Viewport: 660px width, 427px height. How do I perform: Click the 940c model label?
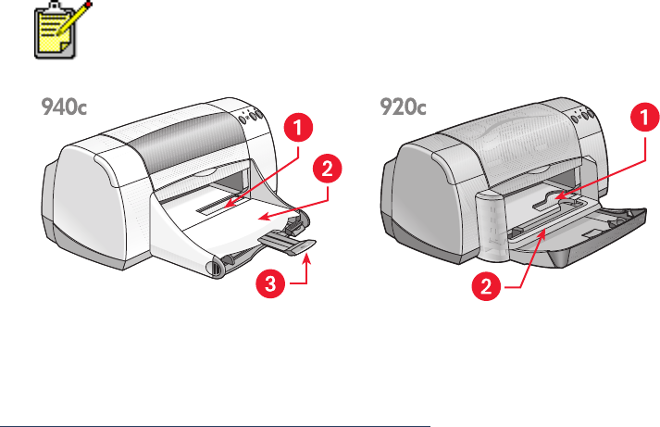click(x=64, y=107)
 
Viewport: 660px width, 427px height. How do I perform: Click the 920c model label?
click(x=403, y=107)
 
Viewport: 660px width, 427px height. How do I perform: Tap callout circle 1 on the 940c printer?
click(x=298, y=128)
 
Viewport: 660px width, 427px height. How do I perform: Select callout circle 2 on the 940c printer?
click(x=327, y=169)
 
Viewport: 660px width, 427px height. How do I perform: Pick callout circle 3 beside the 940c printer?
click(x=270, y=283)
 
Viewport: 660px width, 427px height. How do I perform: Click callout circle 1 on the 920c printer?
click(x=645, y=117)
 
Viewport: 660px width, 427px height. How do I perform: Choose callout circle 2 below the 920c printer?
click(x=486, y=286)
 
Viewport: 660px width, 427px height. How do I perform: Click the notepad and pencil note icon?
click(x=62, y=30)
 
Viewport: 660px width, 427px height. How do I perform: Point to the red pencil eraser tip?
click(x=88, y=5)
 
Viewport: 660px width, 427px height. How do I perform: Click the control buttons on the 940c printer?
click(x=251, y=116)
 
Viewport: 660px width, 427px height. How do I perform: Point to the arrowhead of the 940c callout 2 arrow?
click(x=263, y=218)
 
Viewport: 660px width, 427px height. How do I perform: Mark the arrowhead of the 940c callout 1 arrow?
click(x=228, y=204)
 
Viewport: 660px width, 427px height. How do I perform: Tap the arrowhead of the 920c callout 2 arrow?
click(x=543, y=234)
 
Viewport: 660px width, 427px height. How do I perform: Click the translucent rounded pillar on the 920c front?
click(x=492, y=226)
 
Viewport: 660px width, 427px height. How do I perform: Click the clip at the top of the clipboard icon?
click(x=56, y=6)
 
